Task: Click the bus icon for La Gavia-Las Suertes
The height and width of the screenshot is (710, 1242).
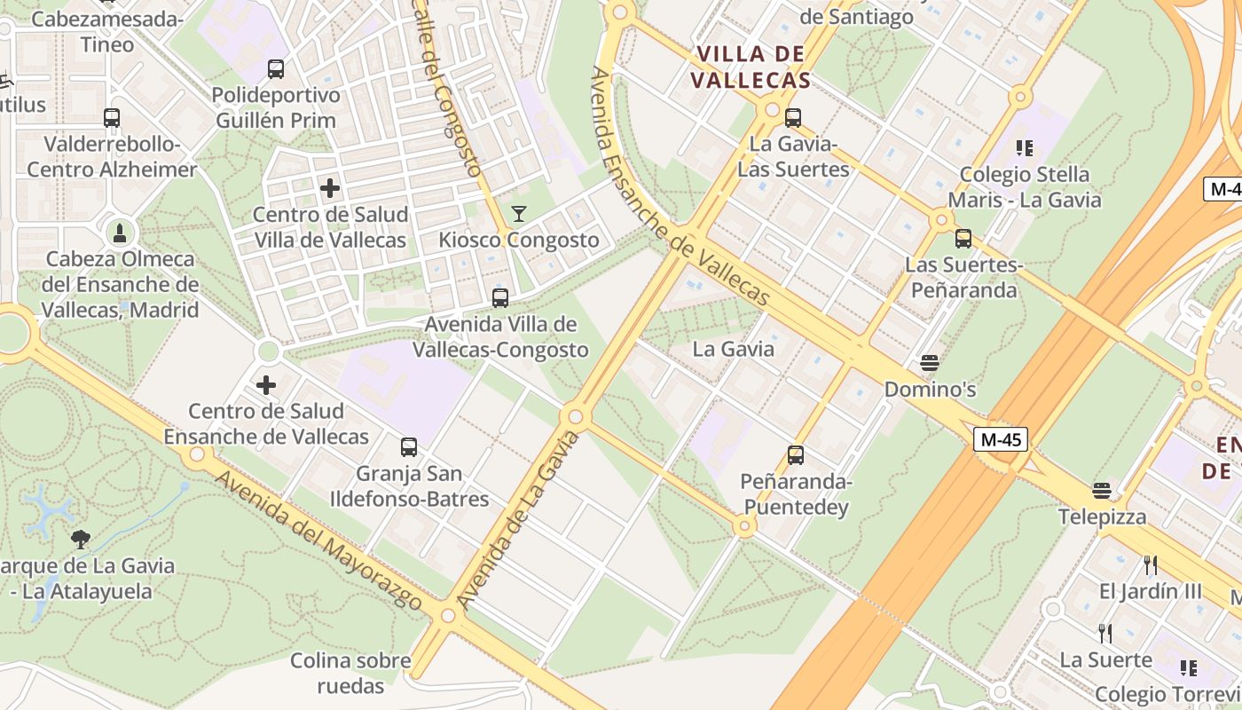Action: click(x=793, y=117)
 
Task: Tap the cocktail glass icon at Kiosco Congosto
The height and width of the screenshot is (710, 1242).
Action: click(x=519, y=214)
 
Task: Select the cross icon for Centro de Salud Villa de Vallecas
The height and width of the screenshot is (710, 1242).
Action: click(x=330, y=188)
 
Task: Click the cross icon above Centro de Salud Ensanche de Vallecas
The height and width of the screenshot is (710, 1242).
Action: click(x=266, y=385)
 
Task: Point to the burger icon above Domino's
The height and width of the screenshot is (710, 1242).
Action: click(x=930, y=362)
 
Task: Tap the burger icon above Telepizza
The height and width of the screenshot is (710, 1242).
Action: click(x=1102, y=491)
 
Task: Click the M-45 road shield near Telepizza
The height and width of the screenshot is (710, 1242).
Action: click(x=1001, y=439)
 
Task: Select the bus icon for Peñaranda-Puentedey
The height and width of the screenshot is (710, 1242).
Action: click(x=796, y=455)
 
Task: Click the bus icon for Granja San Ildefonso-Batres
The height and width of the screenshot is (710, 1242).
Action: click(x=409, y=447)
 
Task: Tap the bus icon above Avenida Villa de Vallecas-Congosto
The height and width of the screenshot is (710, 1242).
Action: click(x=500, y=298)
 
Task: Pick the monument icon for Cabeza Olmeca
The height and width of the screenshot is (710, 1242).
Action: click(x=120, y=233)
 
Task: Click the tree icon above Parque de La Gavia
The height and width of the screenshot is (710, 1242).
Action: click(x=81, y=539)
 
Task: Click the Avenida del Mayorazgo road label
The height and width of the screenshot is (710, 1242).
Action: click(x=319, y=542)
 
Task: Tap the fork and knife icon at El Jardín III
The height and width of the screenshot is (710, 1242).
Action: click(x=1151, y=565)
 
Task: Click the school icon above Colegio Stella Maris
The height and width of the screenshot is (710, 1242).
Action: click(x=1025, y=148)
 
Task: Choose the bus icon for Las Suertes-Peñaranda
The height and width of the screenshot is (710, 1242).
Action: click(x=963, y=239)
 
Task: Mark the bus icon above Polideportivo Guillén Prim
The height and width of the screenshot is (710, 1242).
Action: click(x=276, y=69)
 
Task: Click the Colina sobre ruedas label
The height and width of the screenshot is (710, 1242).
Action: click(x=351, y=673)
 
